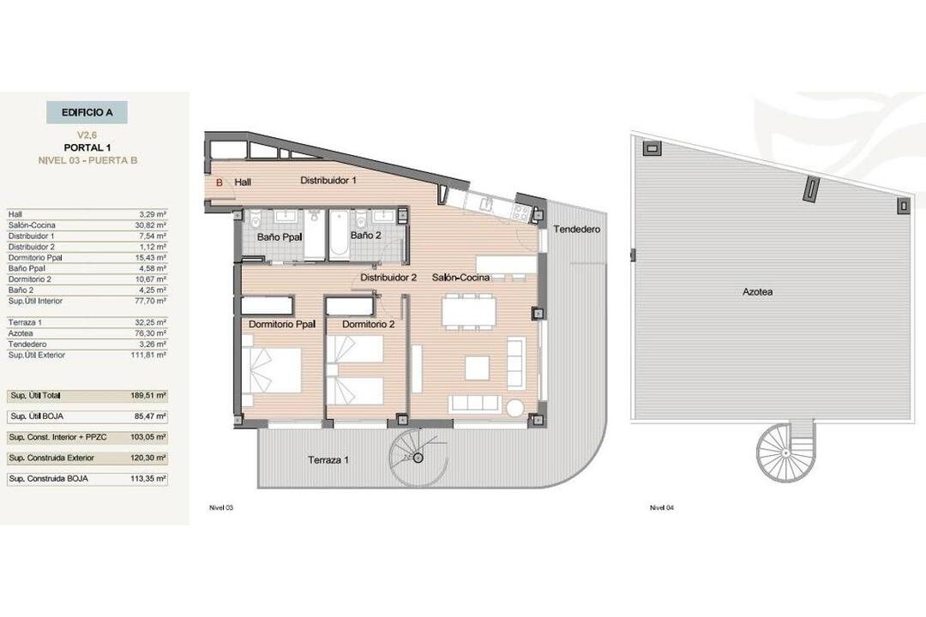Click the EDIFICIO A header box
pos(87,112)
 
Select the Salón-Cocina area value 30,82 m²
pos(151,225)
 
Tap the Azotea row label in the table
pos(21,333)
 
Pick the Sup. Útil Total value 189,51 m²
pos(148,395)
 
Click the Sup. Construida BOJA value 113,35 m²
pos(148,478)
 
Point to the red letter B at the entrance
pos(219,183)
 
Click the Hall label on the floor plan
pos(243,183)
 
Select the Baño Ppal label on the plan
pos(280,237)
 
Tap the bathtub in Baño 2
pos(340,234)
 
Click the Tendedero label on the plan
pos(576,229)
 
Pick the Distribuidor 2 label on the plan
pos(388,277)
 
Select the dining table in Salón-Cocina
pos(469,311)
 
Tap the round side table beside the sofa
pos(515,407)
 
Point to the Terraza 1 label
pos(328,459)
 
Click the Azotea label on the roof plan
pos(758,291)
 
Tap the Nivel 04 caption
pos(661,508)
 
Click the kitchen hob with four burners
pos(520,212)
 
